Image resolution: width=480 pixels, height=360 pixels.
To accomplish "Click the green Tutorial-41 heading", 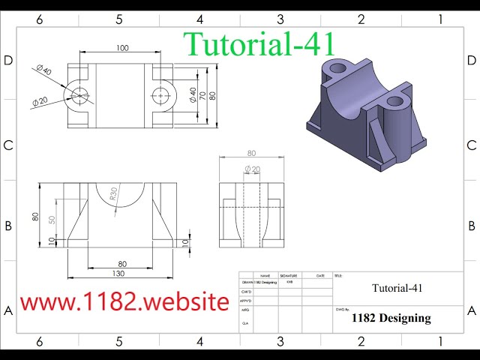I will click(x=259, y=43).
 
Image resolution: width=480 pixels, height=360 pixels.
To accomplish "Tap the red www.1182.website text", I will click(x=124, y=301).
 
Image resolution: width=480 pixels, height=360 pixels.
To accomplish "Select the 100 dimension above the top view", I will click(x=122, y=48).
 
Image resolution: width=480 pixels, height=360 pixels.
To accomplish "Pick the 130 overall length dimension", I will click(x=118, y=274).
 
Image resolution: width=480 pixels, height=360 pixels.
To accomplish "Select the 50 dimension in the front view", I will click(x=52, y=220).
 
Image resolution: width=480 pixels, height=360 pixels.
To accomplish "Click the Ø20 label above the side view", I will click(x=252, y=169).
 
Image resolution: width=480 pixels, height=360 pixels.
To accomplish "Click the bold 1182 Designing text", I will click(x=391, y=318).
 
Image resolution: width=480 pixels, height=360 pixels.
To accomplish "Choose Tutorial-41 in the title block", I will click(x=397, y=288).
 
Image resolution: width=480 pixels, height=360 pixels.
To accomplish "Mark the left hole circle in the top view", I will click(x=80, y=94).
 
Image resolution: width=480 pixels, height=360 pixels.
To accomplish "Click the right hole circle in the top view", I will click(x=160, y=95).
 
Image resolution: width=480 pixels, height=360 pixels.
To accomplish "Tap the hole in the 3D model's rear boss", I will click(x=337, y=68).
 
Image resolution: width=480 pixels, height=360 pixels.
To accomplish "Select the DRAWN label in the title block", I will click(x=246, y=283).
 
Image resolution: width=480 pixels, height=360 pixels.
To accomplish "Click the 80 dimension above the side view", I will click(x=250, y=154).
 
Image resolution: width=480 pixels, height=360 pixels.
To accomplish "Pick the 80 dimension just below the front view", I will click(x=122, y=263).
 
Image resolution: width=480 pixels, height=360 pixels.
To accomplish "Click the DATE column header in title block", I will click(x=320, y=275).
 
